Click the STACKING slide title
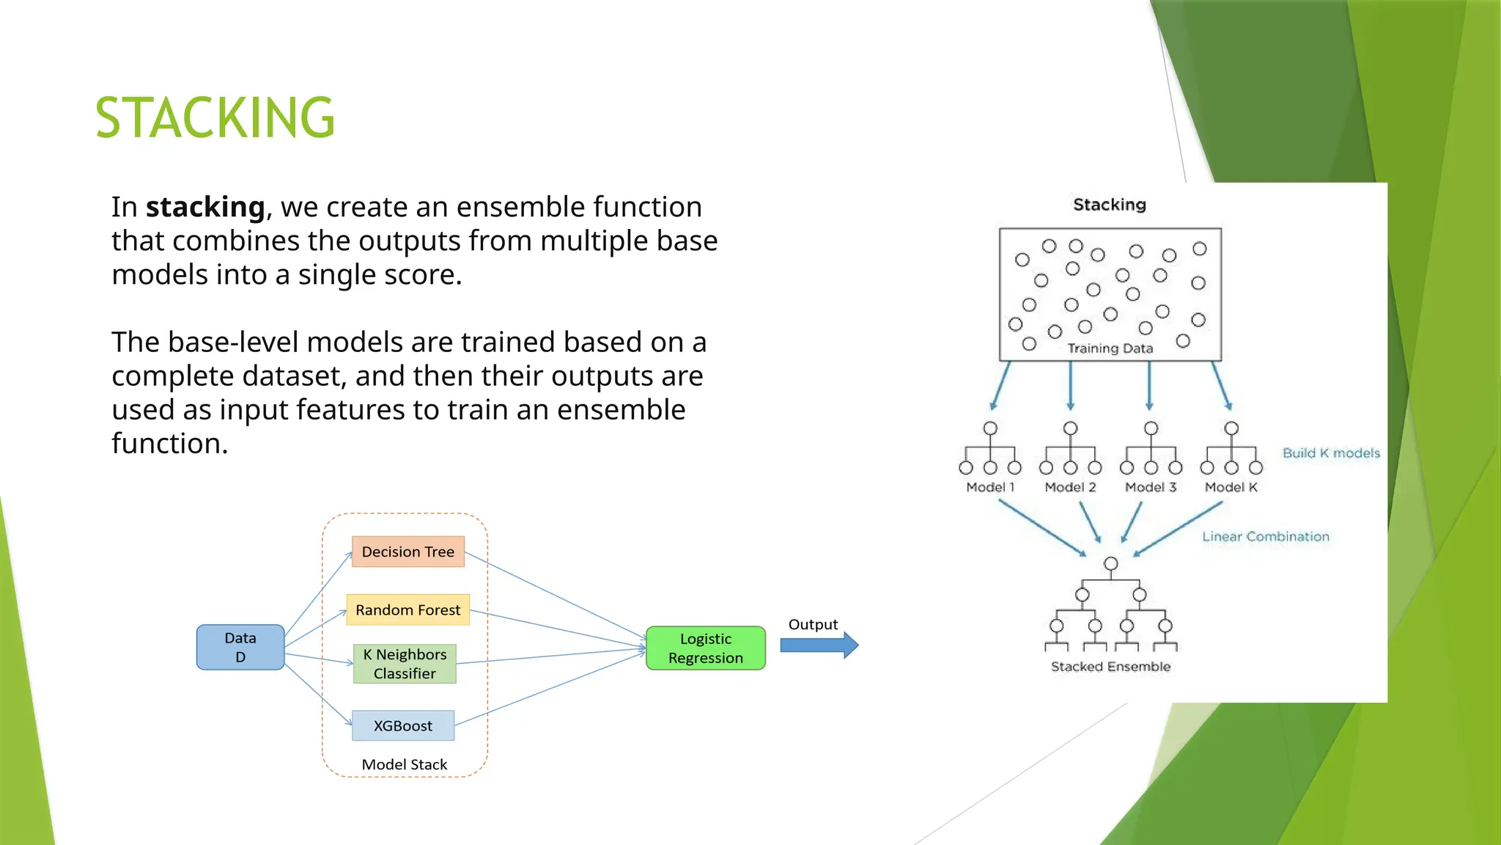tap(215, 117)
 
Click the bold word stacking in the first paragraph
tap(205, 207)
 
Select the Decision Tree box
tap(407, 552)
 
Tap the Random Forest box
tap(407, 610)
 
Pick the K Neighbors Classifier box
tap(405, 664)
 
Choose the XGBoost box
tap(403, 725)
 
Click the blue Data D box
tap(240, 647)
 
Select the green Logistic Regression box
tap(705, 648)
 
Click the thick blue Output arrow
tap(818, 645)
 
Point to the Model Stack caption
tap(404, 764)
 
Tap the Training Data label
tap(1110, 348)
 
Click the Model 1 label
tap(990, 487)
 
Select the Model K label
tap(1231, 487)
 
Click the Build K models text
tap(1331, 453)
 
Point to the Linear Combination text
tap(1265, 537)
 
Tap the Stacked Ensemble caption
tap(1110, 667)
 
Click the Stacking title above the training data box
tap(1109, 205)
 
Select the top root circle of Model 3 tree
tap(1151, 428)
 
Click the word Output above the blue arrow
tap(813, 624)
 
